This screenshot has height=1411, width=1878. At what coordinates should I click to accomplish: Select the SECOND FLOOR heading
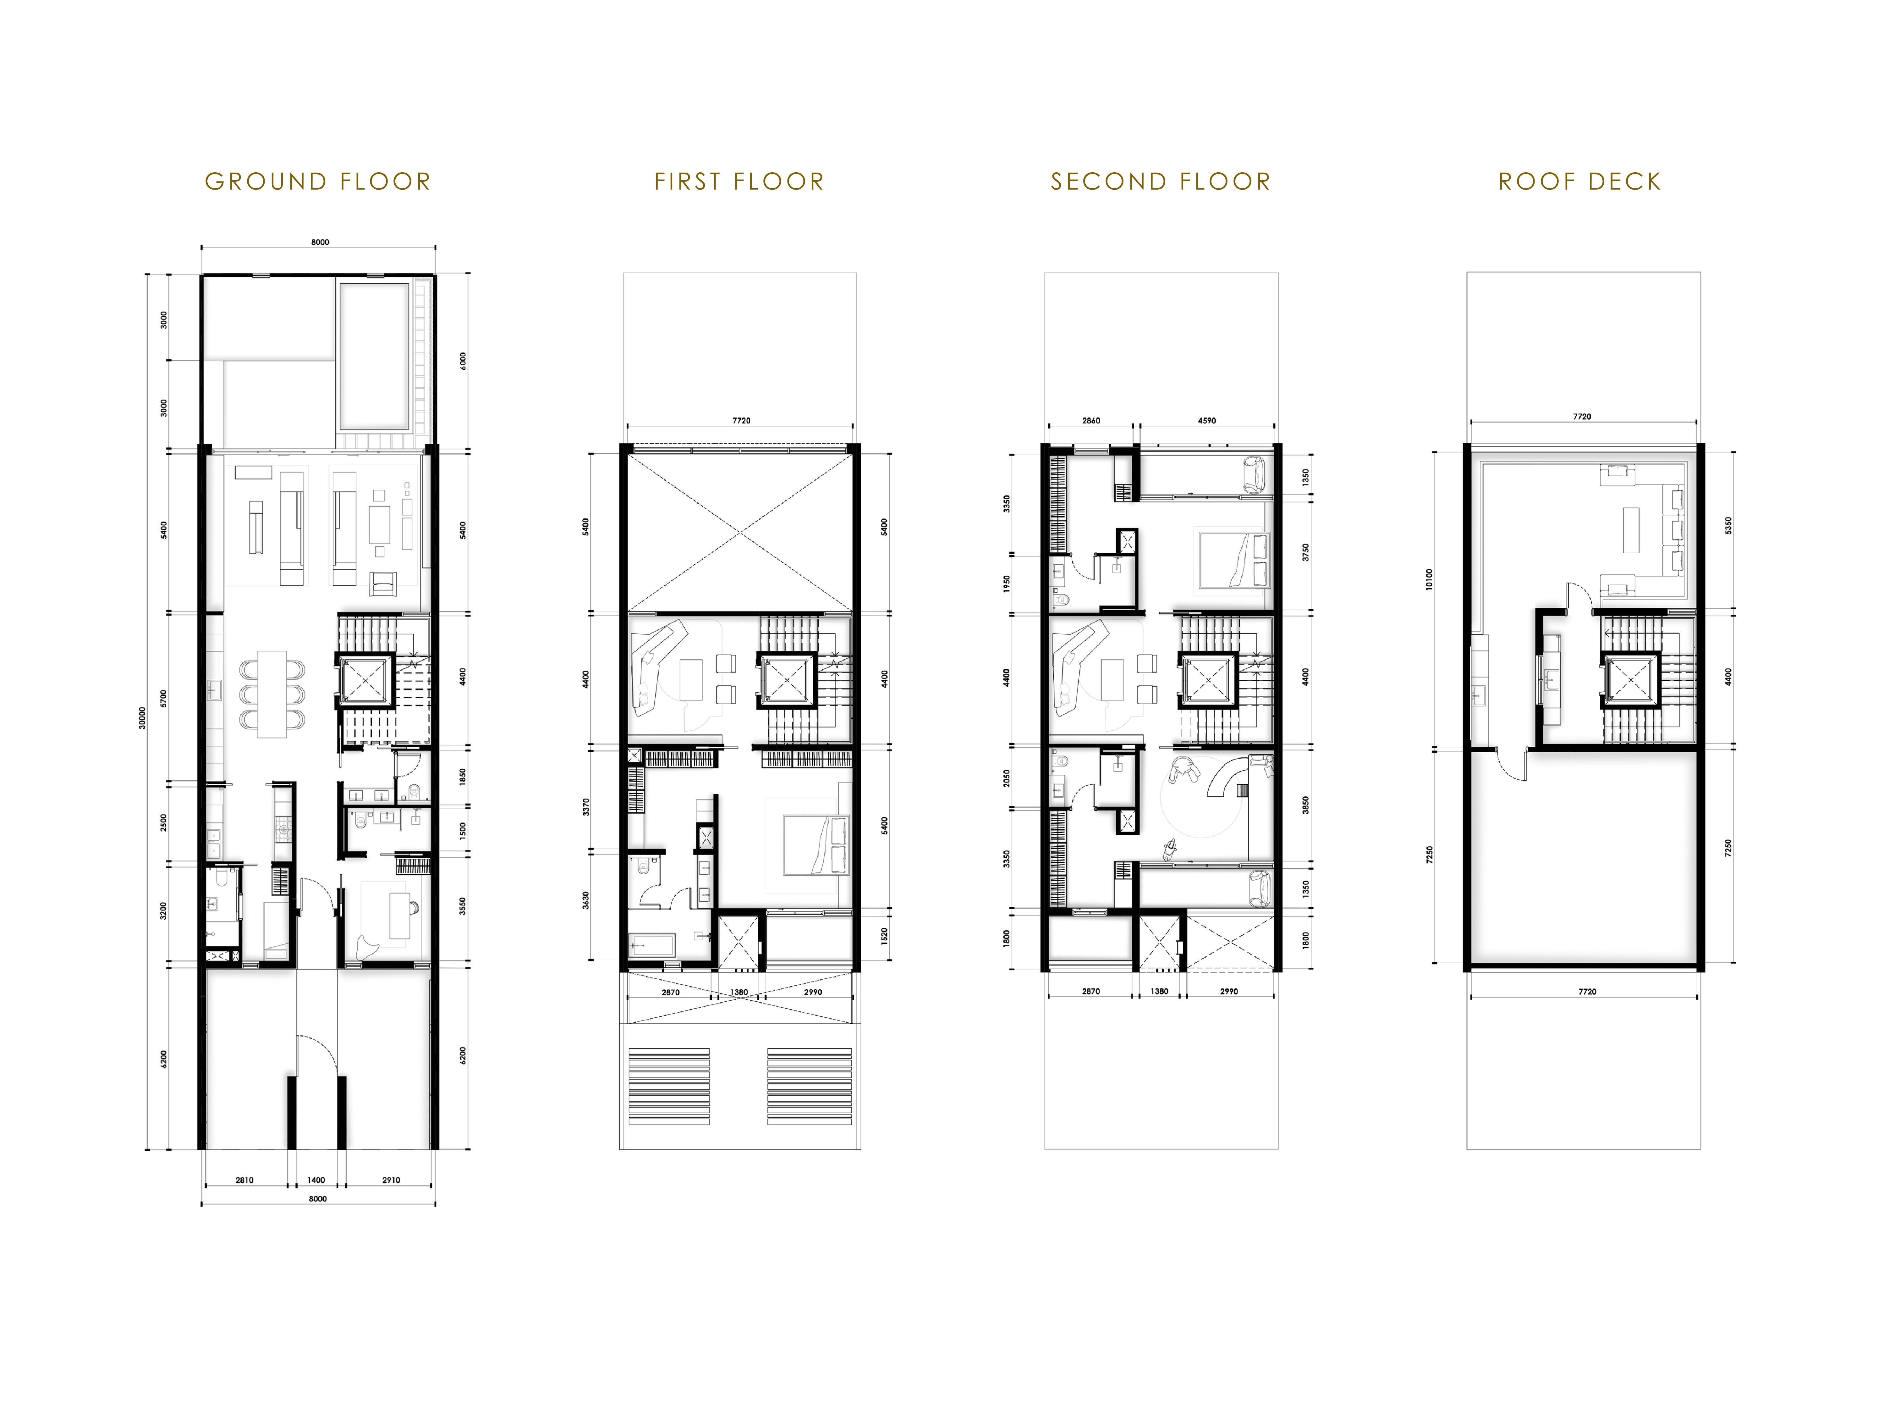click(x=1161, y=182)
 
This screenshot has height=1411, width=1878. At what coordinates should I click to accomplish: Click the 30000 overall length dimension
click(x=142, y=718)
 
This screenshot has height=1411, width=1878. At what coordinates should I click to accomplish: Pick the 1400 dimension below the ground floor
click(x=316, y=1180)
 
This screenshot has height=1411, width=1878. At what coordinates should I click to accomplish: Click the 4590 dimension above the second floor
click(x=1206, y=420)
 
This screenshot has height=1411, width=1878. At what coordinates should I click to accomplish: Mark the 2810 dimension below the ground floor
click(x=244, y=1180)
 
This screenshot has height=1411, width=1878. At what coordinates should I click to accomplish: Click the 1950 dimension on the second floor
click(x=1007, y=584)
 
